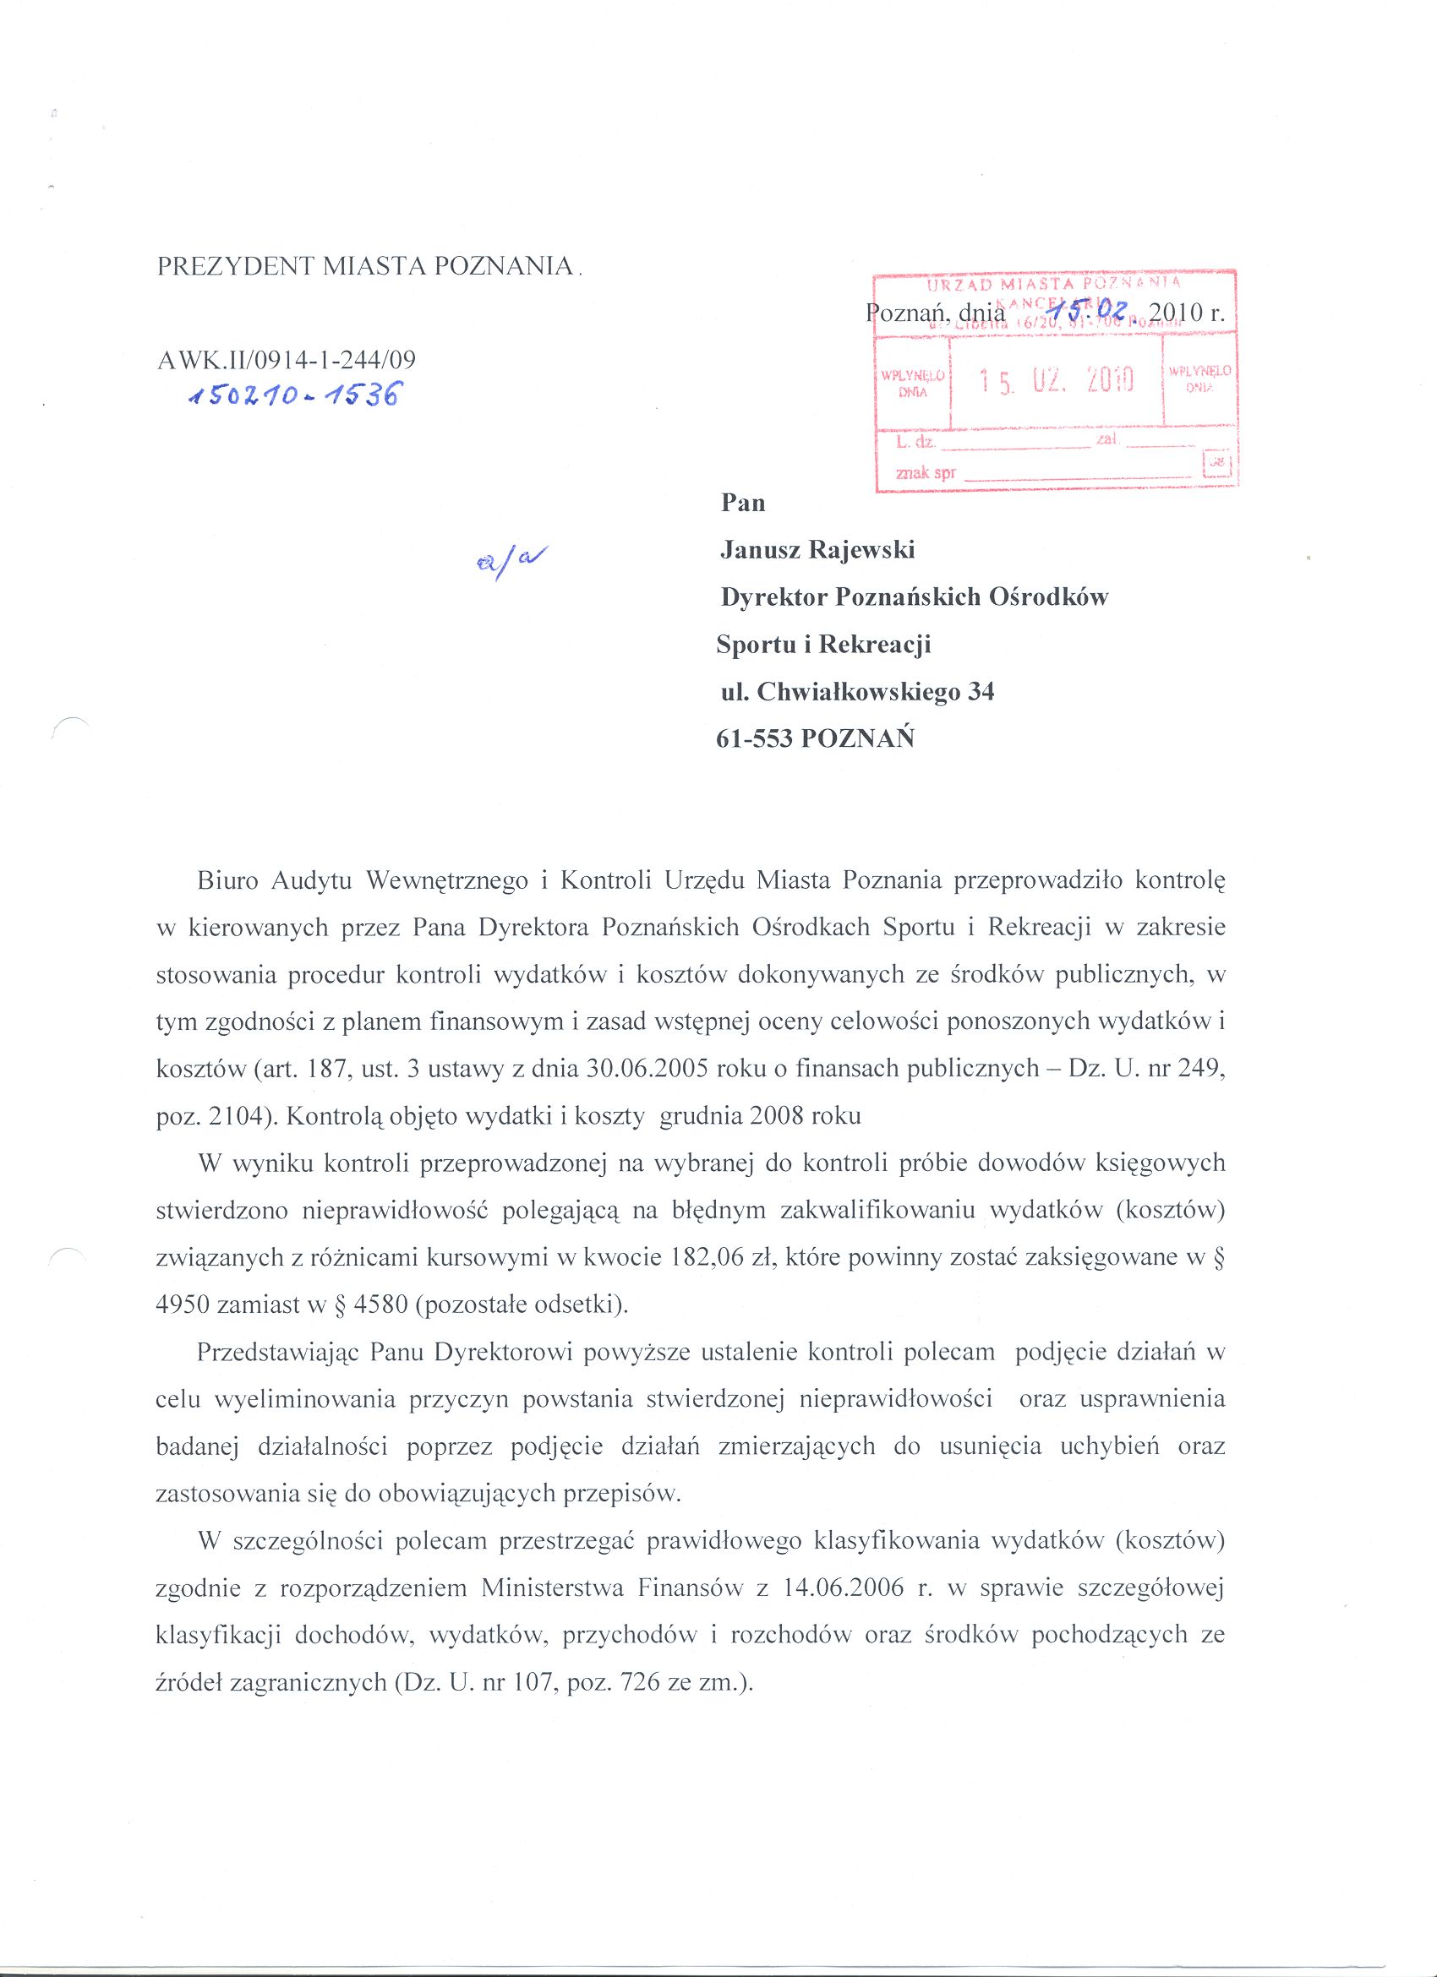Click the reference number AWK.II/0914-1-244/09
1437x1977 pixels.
click(286, 359)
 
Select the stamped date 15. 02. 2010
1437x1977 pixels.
click(1055, 381)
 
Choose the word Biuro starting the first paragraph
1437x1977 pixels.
click(227, 881)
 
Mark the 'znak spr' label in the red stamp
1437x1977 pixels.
click(925, 473)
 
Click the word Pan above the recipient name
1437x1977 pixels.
click(743, 503)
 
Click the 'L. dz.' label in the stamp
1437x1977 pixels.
click(915, 442)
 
